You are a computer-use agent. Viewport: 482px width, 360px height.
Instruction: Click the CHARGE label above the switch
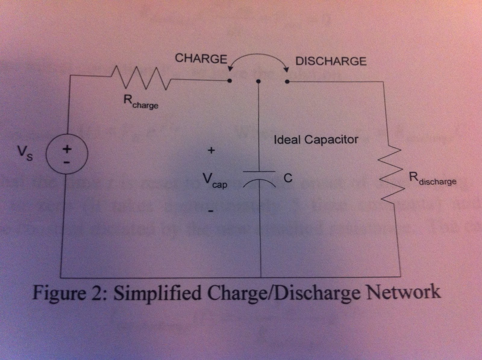click(x=201, y=58)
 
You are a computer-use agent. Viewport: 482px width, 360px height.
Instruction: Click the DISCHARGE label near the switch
click(x=331, y=61)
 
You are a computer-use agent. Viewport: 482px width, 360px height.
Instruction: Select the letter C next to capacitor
click(x=288, y=178)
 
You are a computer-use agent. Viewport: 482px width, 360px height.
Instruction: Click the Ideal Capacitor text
click(x=316, y=140)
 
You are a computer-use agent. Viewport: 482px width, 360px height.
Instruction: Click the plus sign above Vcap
click(x=211, y=150)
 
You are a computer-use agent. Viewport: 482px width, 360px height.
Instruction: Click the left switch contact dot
click(x=230, y=81)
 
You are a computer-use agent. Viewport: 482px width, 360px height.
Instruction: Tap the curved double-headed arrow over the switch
click(x=258, y=57)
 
